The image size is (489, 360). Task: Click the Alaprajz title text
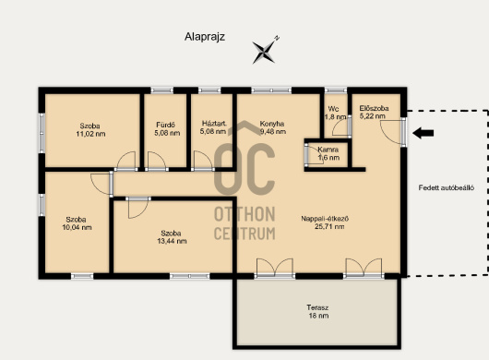[x=205, y=37]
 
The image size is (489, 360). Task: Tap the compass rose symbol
[x=265, y=51]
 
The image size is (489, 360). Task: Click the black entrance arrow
[x=423, y=133]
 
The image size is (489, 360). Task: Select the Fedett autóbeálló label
[x=447, y=187]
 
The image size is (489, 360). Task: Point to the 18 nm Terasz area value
[x=318, y=316]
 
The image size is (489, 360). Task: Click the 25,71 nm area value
[x=329, y=227]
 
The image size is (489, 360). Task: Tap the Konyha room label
[x=272, y=124]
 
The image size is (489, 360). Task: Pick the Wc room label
[x=333, y=109]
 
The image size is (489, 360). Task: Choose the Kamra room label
[x=328, y=150]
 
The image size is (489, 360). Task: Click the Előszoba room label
[x=374, y=108]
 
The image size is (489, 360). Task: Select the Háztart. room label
[x=214, y=123]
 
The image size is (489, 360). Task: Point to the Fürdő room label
[x=165, y=126]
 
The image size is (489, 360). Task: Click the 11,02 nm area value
[x=90, y=134]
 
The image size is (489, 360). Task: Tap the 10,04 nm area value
[x=77, y=227]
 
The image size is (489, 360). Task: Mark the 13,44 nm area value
[x=172, y=241]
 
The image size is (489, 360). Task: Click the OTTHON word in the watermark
[x=244, y=214]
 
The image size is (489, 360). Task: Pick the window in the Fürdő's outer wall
[x=161, y=90]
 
